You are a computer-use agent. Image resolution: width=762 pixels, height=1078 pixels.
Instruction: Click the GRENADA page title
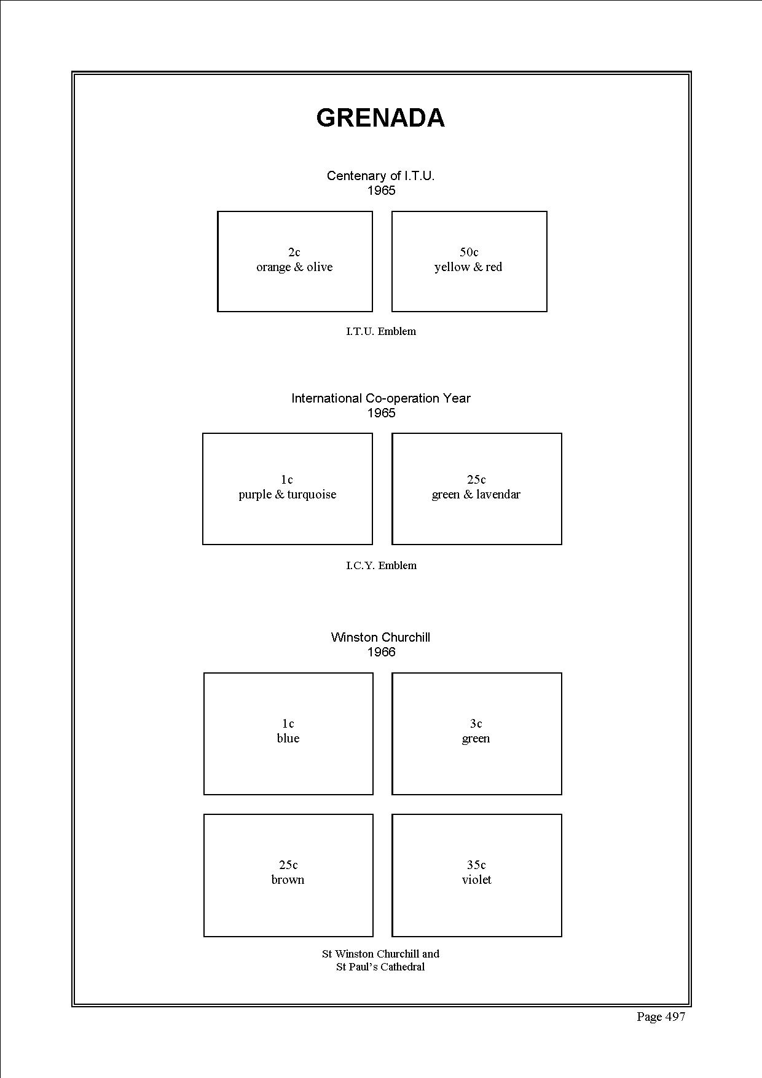(380, 118)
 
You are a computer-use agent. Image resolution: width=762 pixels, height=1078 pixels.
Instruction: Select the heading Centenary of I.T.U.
(380, 176)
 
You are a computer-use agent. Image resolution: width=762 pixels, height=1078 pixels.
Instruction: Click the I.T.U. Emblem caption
(381, 331)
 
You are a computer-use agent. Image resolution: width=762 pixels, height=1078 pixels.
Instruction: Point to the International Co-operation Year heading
(381, 398)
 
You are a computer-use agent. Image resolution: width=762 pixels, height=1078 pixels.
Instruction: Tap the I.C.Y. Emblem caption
(381, 565)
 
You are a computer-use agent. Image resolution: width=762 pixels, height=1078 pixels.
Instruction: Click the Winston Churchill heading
(380, 637)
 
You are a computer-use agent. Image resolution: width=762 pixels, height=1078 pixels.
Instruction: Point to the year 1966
(381, 652)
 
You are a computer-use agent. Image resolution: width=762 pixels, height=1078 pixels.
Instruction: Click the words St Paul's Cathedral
(380, 967)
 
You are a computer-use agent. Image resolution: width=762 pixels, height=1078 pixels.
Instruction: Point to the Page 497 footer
(661, 1017)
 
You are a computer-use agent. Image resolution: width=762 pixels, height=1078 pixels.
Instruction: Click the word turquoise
(312, 495)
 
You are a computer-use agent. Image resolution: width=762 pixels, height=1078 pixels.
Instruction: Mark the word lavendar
(498, 495)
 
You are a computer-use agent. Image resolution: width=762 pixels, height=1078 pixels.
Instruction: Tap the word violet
(477, 880)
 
